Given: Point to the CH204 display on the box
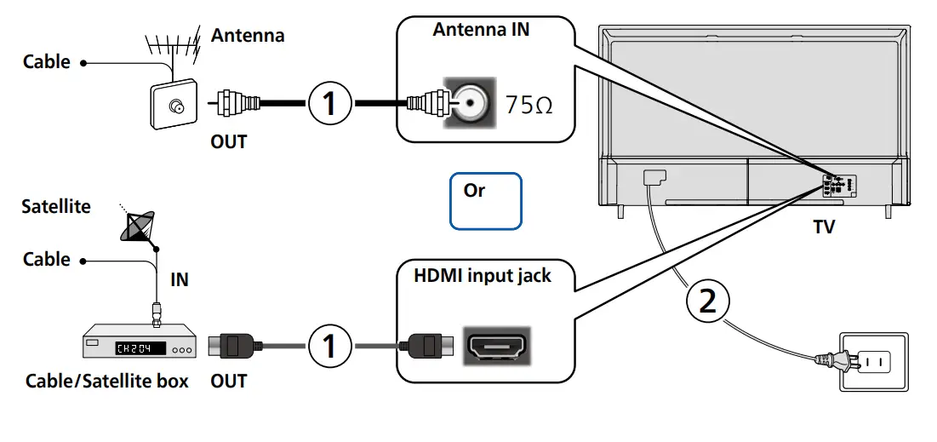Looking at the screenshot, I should tap(134, 347).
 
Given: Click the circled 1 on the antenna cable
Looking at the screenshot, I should tap(329, 104).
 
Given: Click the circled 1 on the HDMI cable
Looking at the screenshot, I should tap(329, 346).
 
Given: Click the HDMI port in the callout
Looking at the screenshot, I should tap(496, 346).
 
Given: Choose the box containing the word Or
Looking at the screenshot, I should tap(485, 201).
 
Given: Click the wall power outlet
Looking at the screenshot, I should tap(874, 361).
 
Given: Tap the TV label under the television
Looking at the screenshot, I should tap(824, 227).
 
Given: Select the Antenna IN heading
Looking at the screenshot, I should tap(481, 30).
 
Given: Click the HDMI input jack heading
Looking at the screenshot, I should tap(482, 275).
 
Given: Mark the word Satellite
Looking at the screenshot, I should tap(56, 207).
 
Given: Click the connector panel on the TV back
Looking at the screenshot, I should tap(838, 186).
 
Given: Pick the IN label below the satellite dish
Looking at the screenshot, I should tap(180, 279).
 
